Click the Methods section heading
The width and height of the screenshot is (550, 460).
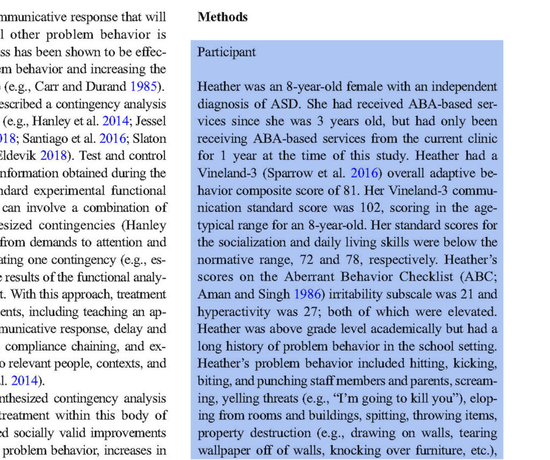tap(222, 17)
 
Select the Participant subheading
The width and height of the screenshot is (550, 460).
tap(227, 53)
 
